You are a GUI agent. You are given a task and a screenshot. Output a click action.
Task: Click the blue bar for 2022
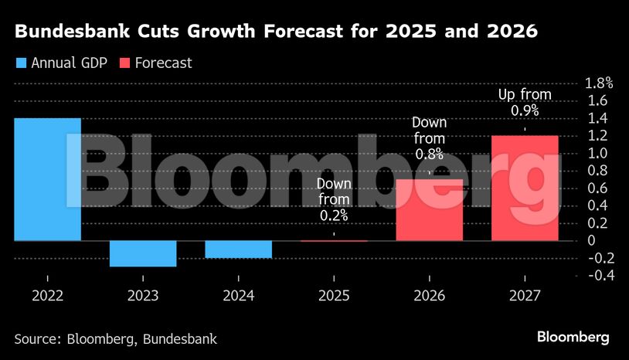point(48,179)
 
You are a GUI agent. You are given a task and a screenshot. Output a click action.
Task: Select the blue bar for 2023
point(143,253)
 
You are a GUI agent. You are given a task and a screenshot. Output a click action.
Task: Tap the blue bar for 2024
point(238,249)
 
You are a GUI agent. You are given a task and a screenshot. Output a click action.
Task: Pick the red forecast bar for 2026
point(429,209)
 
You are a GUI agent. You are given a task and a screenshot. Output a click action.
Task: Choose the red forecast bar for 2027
point(525,188)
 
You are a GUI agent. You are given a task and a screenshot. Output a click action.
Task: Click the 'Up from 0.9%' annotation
point(525,103)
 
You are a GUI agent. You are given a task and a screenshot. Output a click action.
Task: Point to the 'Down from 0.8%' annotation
point(429,138)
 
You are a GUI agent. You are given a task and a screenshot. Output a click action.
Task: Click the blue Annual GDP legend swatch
point(20,63)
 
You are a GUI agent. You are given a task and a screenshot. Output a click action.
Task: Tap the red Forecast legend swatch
point(124,63)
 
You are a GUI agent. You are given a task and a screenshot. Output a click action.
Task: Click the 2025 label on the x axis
point(334,295)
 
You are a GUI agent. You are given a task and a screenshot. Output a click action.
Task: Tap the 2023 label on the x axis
point(143,295)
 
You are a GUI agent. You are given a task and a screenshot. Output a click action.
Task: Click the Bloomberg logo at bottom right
point(573,338)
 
